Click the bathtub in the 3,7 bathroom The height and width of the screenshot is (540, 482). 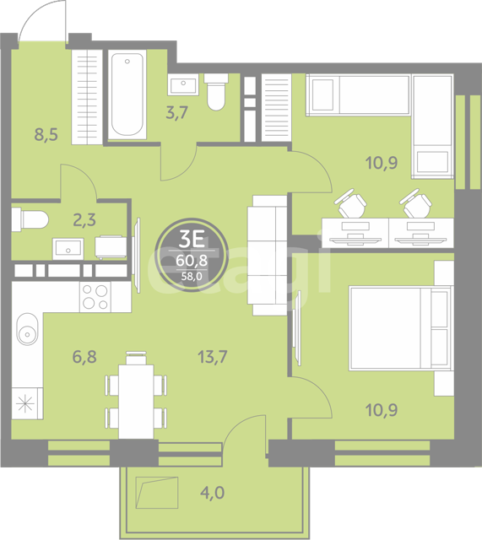tap(127, 94)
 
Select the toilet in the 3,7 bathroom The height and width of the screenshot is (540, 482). tap(216, 92)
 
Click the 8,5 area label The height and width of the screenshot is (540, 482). tap(46, 134)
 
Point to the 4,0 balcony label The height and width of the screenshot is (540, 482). tap(212, 493)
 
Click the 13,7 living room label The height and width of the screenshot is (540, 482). tap(212, 357)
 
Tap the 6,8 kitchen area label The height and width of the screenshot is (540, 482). tap(84, 357)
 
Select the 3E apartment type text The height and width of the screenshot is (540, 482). tap(192, 239)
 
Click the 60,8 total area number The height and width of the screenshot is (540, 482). tap(192, 261)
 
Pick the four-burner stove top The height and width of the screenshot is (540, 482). tap(95, 297)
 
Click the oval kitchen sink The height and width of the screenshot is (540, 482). tap(28, 329)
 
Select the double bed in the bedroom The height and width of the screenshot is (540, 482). tap(400, 328)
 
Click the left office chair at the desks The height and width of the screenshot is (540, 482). tap(350, 203)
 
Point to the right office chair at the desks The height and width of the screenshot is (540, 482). tap(416, 203)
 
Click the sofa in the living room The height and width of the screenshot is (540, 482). tap(268, 255)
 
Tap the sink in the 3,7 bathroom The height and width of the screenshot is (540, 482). tap(183, 84)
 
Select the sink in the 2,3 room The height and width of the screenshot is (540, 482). tap(68, 248)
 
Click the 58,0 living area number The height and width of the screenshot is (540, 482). tap(192, 276)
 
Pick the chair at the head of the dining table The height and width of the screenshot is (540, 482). tap(136, 358)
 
